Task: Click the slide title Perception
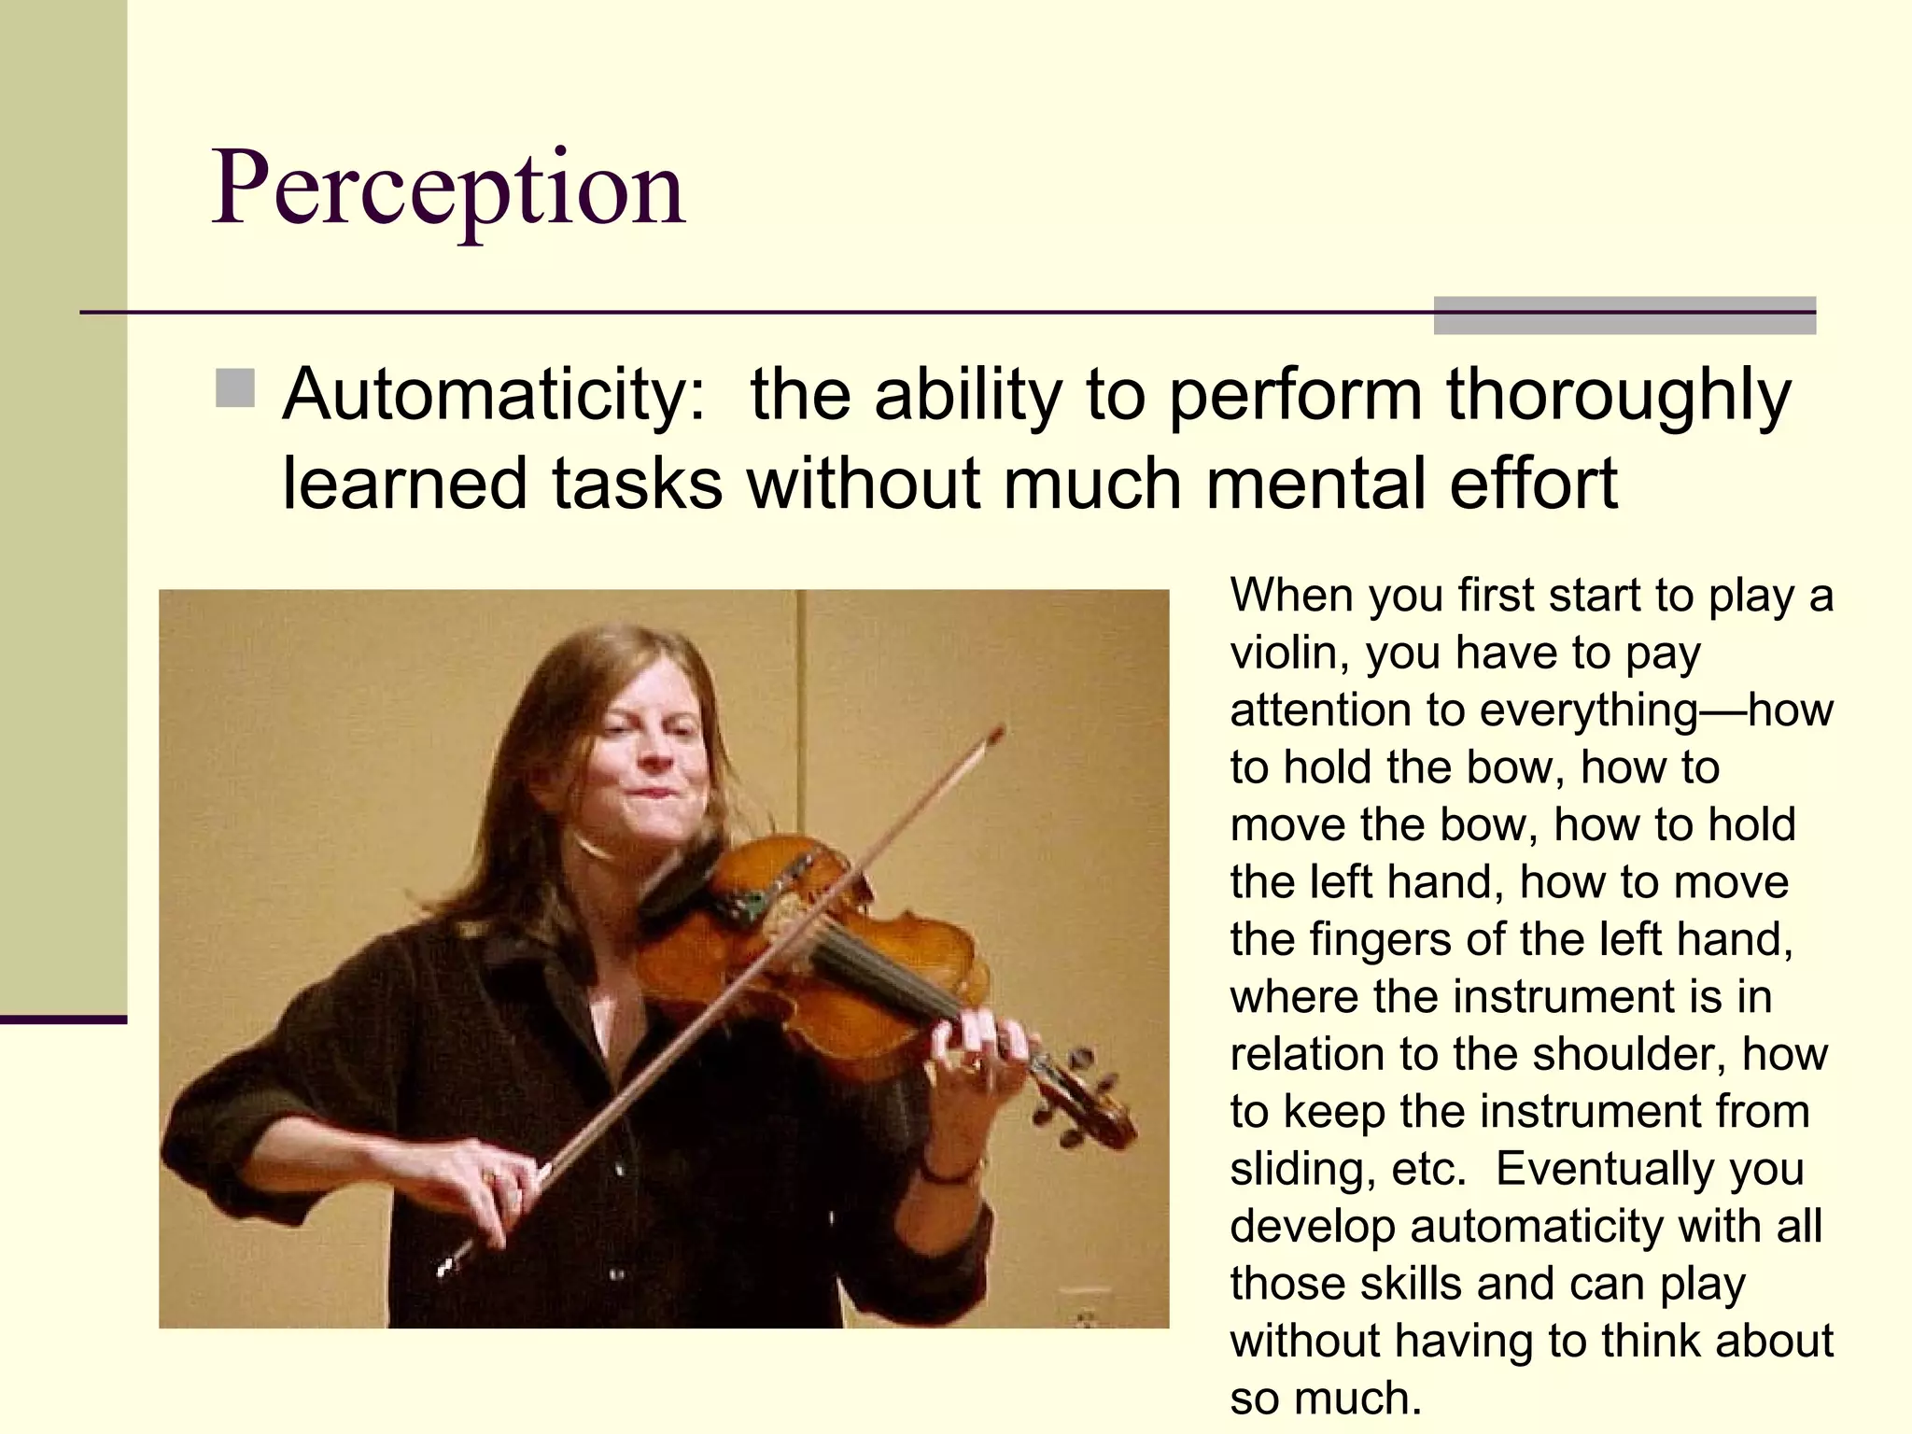(x=449, y=190)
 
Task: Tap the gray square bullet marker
(x=235, y=388)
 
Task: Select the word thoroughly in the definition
(x=1618, y=396)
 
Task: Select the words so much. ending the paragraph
(x=1326, y=1399)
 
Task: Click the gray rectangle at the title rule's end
(x=1624, y=316)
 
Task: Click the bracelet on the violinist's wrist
(x=952, y=1172)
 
